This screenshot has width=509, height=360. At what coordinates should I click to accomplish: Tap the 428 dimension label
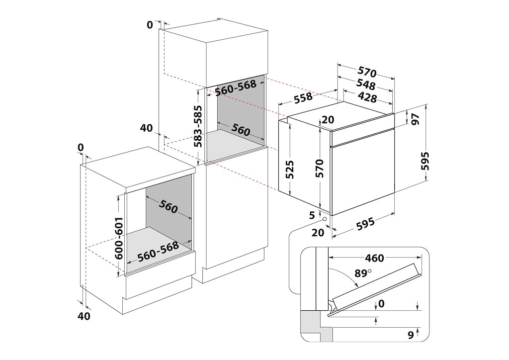(x=367, y=97)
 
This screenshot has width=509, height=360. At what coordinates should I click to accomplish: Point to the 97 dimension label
(x=416, y=119)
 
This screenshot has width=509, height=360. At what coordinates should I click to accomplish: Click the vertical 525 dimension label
(x=290, y=170)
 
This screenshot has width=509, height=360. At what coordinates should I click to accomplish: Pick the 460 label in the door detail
(x=374, y=258)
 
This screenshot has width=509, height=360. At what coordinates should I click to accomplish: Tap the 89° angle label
(x=363, y=273)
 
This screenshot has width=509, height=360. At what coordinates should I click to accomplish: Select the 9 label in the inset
(x=411, y=335)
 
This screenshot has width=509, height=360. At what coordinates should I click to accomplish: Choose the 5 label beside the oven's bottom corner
(x=311, y=215)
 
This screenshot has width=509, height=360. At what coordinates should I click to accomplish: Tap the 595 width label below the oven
(x=365, y=225)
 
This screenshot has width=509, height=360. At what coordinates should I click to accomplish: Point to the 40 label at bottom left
(x=84, y=316)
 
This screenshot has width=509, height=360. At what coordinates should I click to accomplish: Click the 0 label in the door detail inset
(x=381, y=303)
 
